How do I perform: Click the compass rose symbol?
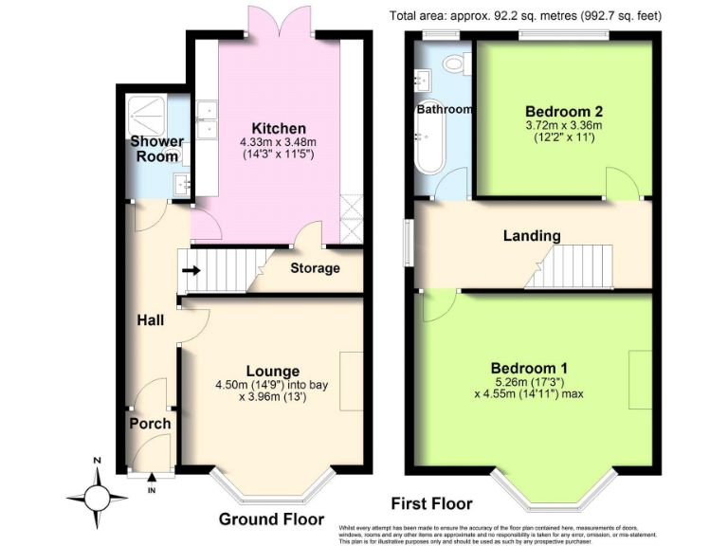click(x=97, y=496)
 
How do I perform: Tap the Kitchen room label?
click(x=278, y=129)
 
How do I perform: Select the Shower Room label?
click(x=156, y=150)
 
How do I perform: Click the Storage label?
click(x=315, y=268)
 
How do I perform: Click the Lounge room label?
click(x=273, y=371)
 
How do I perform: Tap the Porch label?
click(x=150, y=424)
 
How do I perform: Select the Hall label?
click(x=150, y=320)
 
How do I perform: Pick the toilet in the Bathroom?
click(x=453, y=64)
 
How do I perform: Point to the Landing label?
click(x=532, y=236)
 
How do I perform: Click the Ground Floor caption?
click(x=264, y=519)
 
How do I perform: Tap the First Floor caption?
click(x=431, y=503)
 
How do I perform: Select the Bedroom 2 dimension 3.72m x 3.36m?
click(x=564, y=125)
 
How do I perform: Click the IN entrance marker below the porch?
click(x=152, y=490)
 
